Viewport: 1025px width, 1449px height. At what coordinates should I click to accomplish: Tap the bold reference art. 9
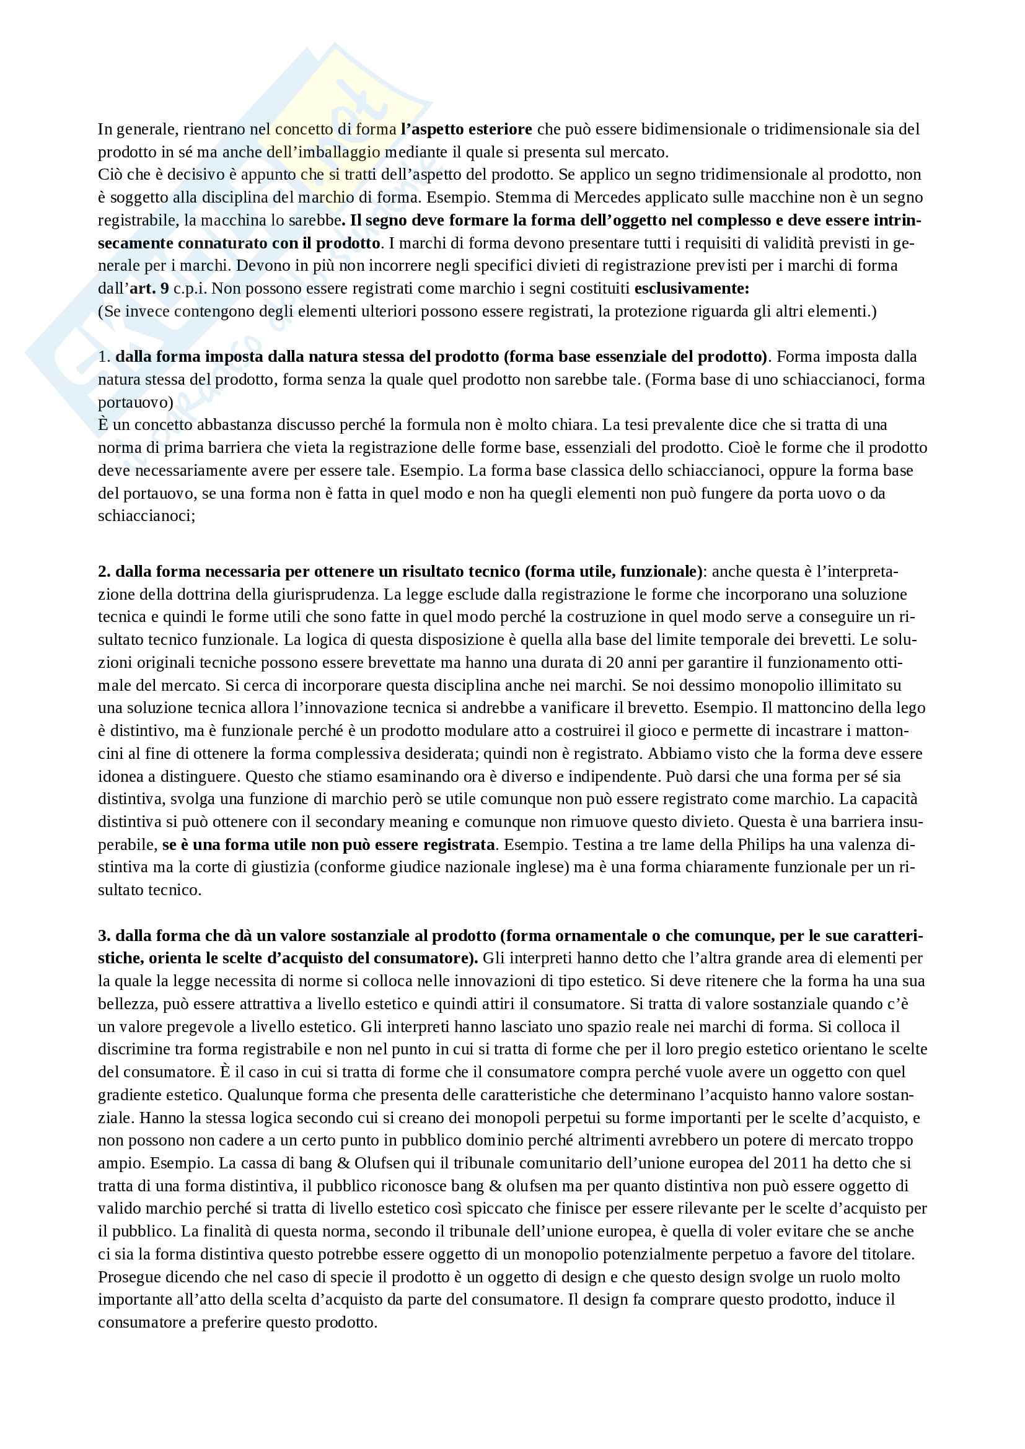[149, 289]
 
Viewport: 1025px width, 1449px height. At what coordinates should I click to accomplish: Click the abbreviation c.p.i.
[190, 289]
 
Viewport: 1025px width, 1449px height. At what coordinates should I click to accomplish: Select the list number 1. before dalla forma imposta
[104, 357]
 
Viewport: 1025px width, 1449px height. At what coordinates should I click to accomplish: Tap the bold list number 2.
[104, 572]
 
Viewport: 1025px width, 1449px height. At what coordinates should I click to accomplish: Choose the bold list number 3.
[104, 936]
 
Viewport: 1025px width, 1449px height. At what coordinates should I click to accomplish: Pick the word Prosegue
[128, 1277]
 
